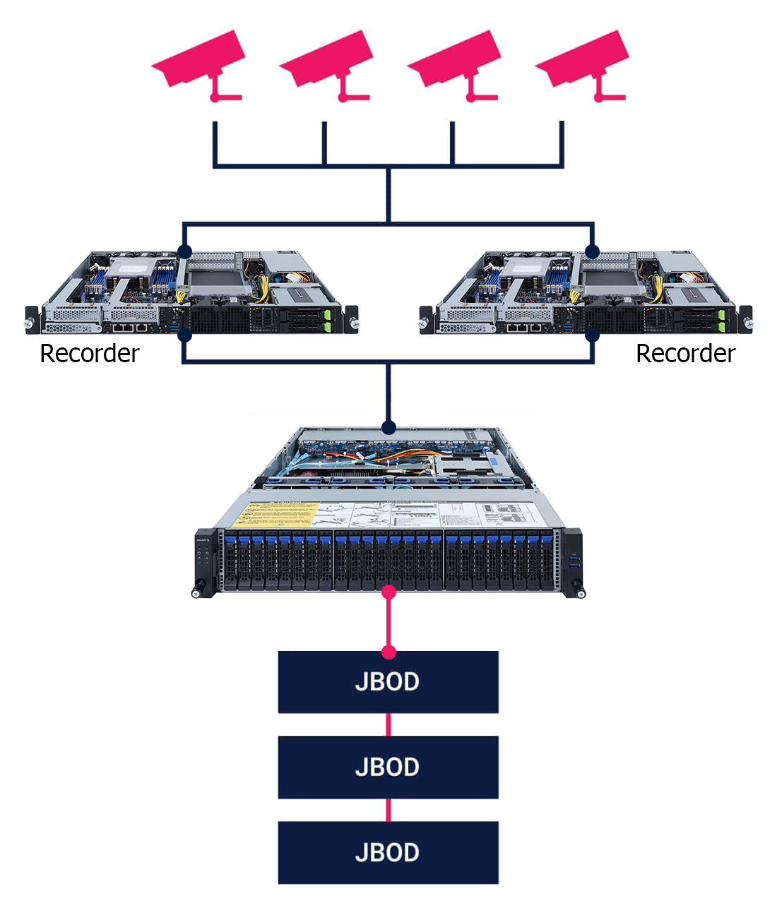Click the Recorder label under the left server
click(x=90, y=354)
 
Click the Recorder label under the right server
click(x=685, y=354)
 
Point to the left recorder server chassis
click(x=191, y=293)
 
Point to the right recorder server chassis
click(x=586, y=293)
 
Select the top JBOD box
click(x=388, y=682)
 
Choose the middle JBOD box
click(x=388, y=767)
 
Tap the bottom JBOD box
click(x=388, y=852)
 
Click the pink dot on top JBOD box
click(x=389, y=652)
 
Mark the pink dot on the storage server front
click(x=389, y=591)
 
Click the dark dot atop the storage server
click(x=389, y=427)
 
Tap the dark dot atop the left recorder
click(x=184, y=251)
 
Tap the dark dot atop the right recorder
click(x=593, y=251)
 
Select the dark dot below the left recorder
click(x=184, y=335)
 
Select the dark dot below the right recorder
click(x=593, y=335)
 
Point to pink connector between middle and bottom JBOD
click(x=389, y=810)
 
